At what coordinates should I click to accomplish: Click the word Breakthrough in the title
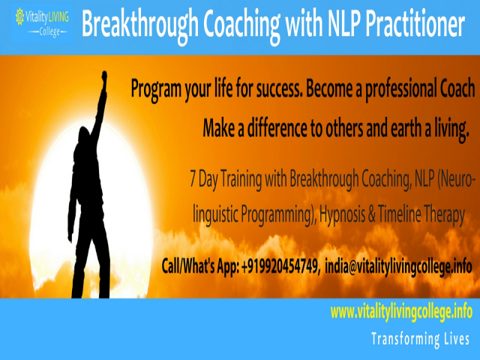[137, 26]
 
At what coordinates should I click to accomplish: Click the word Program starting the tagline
[157, 90]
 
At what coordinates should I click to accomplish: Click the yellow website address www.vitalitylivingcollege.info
[401, 310]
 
